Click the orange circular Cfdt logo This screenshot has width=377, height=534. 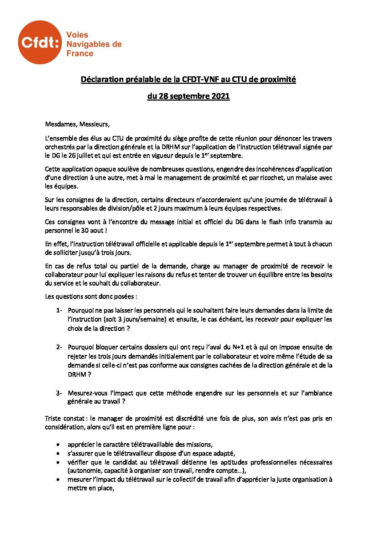coord(40,42)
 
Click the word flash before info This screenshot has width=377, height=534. coord(272,222)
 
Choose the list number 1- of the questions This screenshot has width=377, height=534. coord(59,310)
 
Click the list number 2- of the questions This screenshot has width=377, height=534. coord(59,347)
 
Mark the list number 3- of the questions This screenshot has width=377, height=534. coord(59,393)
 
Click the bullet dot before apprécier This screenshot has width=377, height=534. coord(58,445)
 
